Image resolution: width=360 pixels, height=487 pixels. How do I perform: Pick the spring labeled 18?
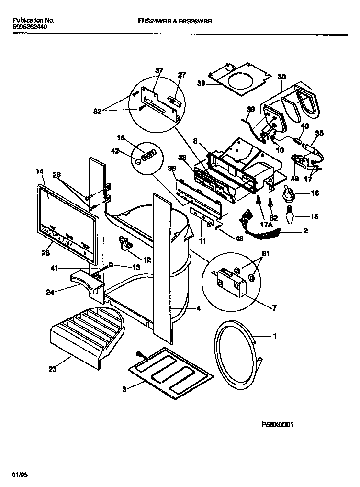(x=150, y=154)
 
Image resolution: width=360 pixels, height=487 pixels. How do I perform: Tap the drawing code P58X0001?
(x=277, y=424)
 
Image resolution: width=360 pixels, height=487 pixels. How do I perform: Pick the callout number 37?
(x=158, y=71)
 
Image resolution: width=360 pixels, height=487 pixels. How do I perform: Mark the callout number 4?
(x=198, y=308)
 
